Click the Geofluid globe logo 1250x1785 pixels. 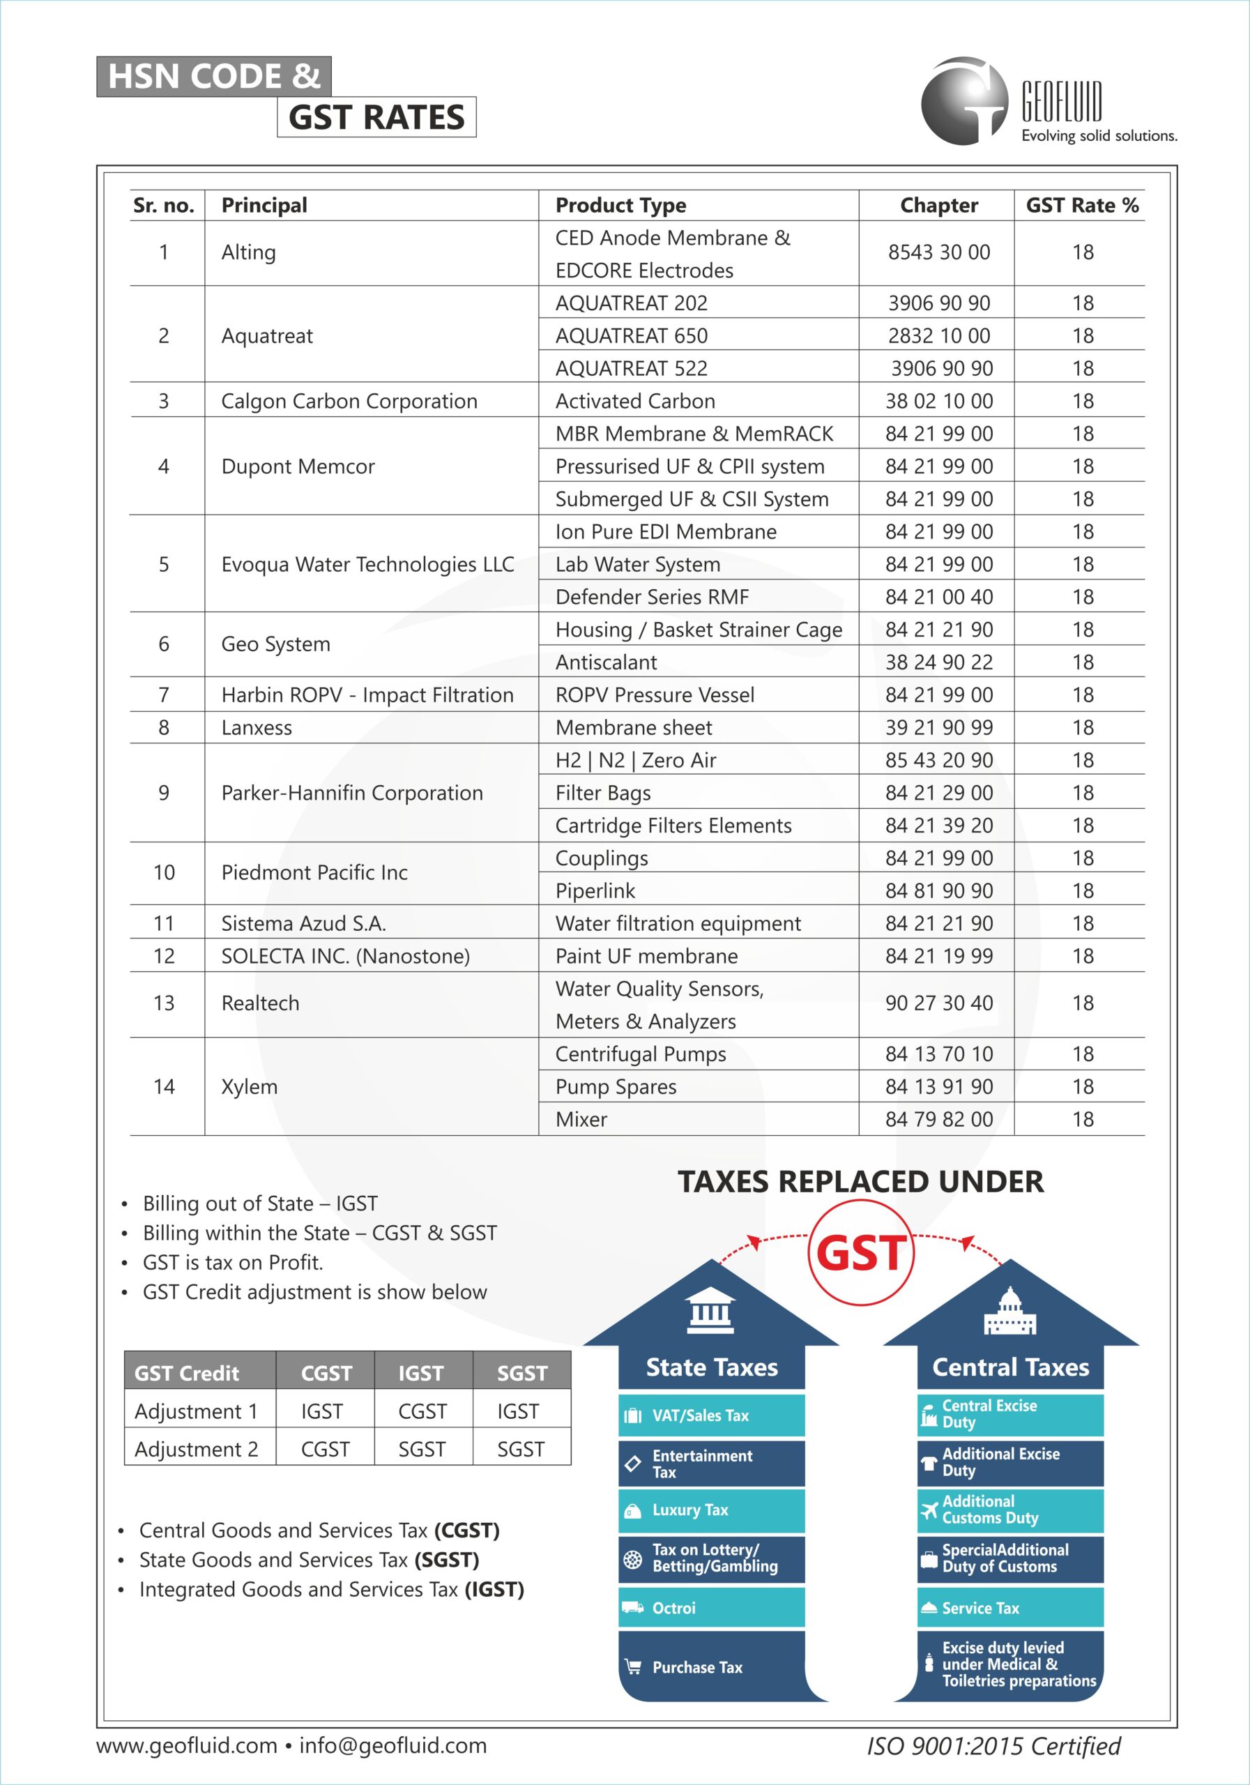[964, 101]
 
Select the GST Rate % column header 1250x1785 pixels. [1082, 205]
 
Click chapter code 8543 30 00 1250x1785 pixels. [939, 252]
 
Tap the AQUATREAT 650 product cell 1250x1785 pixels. [631, 336]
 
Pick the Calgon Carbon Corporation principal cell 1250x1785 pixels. [349, 401]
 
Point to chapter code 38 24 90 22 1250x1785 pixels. [939, 662]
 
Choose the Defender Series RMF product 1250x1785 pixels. [651, 597]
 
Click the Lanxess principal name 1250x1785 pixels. [257, 728]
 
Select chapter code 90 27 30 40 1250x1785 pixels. [939, 1003]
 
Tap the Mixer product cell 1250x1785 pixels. [581, 1120]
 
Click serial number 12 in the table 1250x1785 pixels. [164, 956]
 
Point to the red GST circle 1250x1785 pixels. [861, 1252]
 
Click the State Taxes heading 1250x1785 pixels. [711, 1367]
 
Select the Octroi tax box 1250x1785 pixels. [711, 1608]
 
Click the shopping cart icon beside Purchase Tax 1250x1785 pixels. [633, 1667]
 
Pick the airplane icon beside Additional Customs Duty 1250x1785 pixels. [929, 1510]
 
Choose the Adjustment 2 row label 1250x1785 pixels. [196, 1449]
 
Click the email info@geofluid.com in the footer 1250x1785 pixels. [392, 1745]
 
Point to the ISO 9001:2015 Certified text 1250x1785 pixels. [993, 1746]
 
